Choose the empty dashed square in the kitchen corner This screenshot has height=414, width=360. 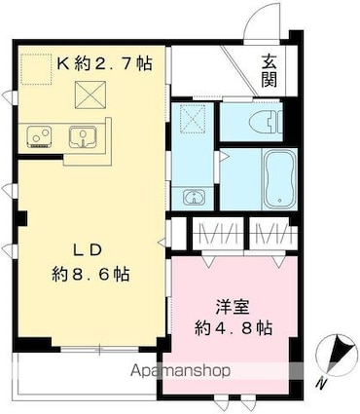point(36,67)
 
